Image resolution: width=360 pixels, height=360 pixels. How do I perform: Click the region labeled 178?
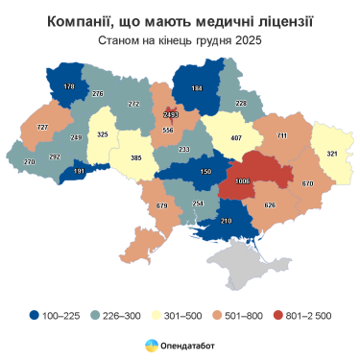(68, 87)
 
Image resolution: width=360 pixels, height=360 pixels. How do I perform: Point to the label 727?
(42, 128)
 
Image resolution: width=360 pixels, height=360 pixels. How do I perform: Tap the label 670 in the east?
(307, 183)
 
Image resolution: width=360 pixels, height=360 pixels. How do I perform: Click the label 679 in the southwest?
(161, 205)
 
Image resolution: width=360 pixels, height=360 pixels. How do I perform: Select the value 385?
(135, 157)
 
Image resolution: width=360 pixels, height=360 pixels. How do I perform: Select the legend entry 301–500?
(181, 313)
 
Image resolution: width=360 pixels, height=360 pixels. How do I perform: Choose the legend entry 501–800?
(241, 313)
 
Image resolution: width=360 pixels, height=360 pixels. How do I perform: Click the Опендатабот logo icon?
(152, 345)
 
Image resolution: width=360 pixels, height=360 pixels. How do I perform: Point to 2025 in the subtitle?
(247, 40)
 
